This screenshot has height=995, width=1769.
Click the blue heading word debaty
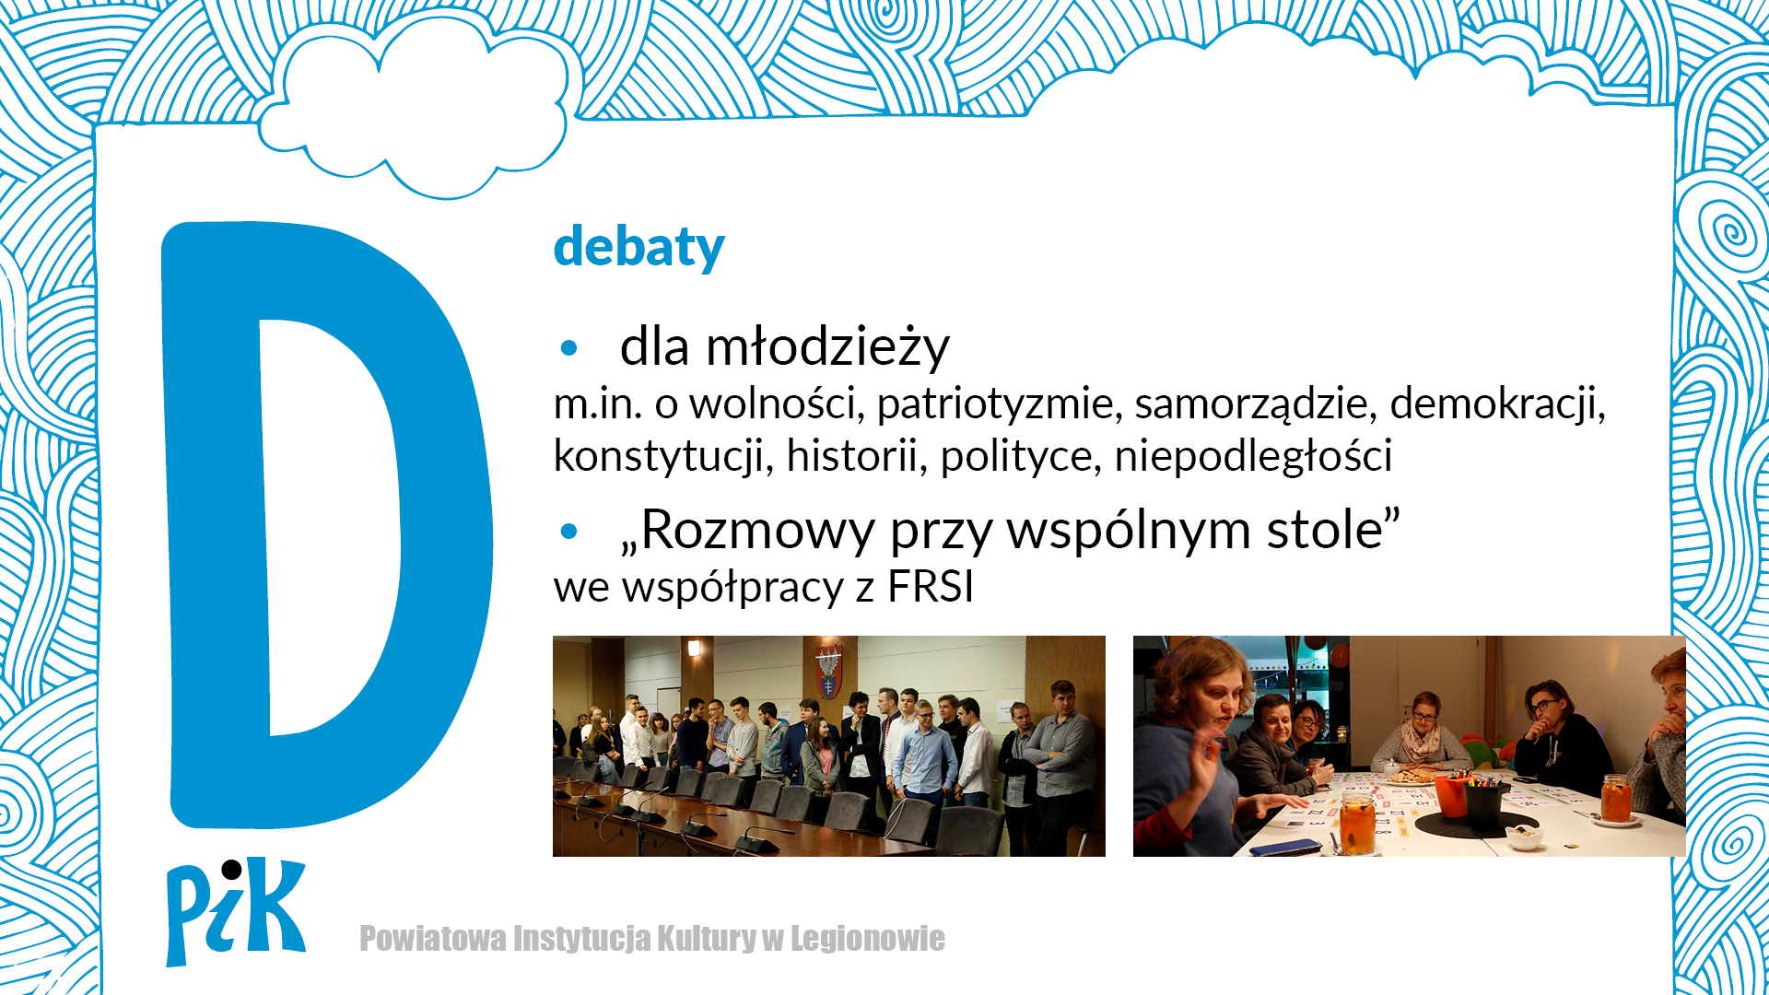click(x=638, y=247)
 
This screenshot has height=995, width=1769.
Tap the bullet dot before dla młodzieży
click(x=568, y=348)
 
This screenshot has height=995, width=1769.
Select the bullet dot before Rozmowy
click(x=568, y=532)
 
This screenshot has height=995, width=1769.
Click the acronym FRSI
click(x=931, y=587)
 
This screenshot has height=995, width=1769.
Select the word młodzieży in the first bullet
click(x=827, y=348)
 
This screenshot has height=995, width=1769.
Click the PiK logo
click(x=235, y=911)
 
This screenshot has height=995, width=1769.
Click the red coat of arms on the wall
click(x=828, y=673)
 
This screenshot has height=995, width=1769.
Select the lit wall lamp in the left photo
click(x=694, y=648)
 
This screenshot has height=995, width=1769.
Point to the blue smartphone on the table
click(x=1286, y=847)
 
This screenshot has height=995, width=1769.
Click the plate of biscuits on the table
click(x=1412, y=776)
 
